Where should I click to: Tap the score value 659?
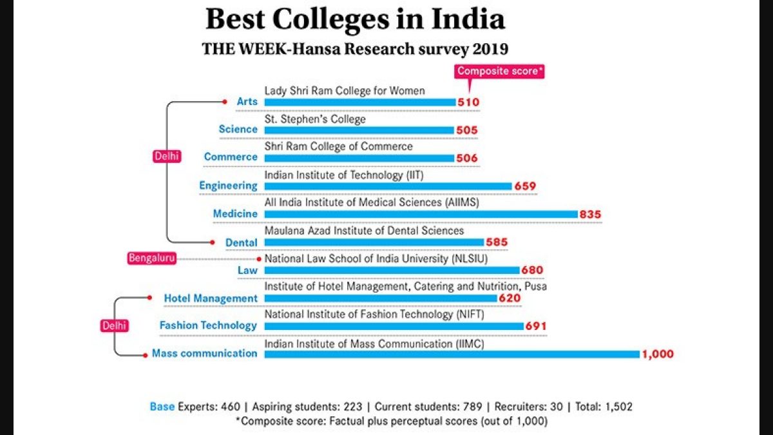[x=526, y=186]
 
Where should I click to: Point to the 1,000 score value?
[x=658, y=354]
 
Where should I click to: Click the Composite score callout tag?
[x=500, y=72]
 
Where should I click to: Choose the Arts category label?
[x=247, y=101]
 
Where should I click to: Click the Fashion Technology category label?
[x=208, y=325]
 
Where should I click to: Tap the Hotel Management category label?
[x=211, y=298]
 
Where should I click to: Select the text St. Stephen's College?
[x=315, y=119]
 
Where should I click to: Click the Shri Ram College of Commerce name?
[x=339, y=147]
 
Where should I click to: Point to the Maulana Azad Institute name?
[x=364, y=230]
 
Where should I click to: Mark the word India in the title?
[x=472, y=19]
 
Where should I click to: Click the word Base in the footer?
[x=162, y=407]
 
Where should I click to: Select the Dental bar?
[x=374, y=242]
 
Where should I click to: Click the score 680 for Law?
[x=533, y=270]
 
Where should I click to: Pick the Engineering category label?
[x=228, y=186]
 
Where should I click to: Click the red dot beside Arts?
[x=224, y=101]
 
